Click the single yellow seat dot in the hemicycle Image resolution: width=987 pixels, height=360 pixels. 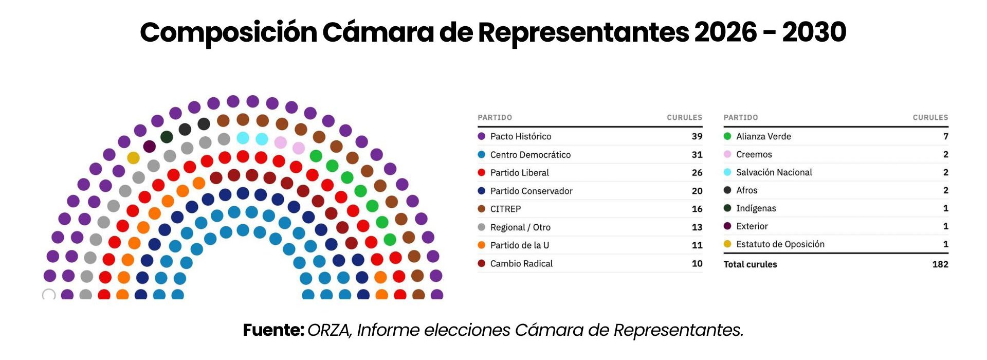[133, 158]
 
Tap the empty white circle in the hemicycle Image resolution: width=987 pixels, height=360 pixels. [49, 295]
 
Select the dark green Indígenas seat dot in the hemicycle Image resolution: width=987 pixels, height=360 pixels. [167, 137]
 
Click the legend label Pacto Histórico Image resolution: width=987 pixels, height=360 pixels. [520, 136]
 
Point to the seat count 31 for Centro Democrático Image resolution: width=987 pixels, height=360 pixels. [697, 155]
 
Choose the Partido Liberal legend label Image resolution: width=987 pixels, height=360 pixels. [519, 173]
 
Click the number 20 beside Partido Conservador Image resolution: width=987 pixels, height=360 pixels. [697, 191]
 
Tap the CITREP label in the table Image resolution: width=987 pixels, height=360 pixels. [505, 209]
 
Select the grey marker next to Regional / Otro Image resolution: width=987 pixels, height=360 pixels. [482, 227]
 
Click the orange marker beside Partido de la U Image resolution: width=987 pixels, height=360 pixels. [482, 245]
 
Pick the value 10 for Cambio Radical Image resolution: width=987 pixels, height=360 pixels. [697, 263]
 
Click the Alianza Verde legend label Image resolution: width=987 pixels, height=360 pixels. [763, 136]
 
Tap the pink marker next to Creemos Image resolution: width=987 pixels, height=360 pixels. [727, 154]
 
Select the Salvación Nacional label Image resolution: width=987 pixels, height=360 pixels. [774, 172]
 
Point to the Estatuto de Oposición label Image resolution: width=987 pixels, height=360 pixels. [780, 244]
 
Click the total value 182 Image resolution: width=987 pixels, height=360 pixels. [940, 264]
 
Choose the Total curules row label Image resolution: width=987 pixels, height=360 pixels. [750, 264]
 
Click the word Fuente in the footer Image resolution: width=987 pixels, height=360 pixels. [273, 330]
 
